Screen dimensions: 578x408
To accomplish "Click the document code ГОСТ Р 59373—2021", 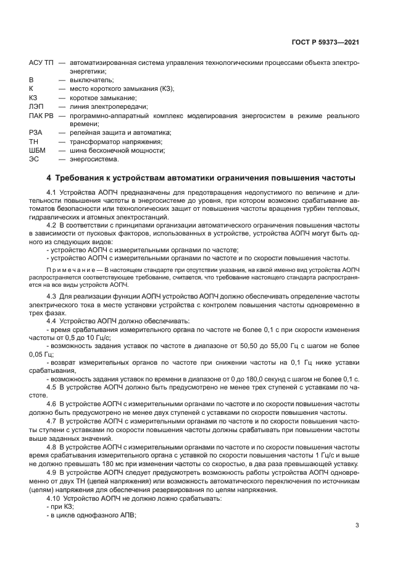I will coord(326,43).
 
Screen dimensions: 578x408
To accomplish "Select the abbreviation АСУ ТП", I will coord(40,63).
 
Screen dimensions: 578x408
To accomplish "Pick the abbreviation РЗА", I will coord(36,133).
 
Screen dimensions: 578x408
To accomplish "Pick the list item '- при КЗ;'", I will coord(60,506).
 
